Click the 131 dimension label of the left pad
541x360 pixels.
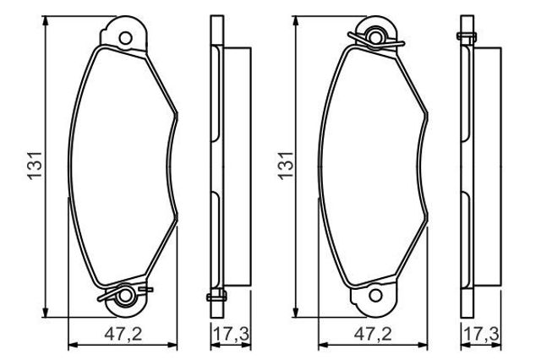click(x=35, y=166)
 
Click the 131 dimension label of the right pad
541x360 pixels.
click(x=286, y=166)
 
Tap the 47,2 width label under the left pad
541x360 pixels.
click(x=123, y=334)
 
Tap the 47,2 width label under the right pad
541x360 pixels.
click(x=373, y=334)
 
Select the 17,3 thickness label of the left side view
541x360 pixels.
click(x=231, y=334)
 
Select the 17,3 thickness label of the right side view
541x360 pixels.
click(x=481, y=334)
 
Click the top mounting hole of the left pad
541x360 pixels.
click(x=125, y=38)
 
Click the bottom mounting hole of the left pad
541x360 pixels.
click(x=125, y=296)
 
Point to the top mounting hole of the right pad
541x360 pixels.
click(x=375, y=36)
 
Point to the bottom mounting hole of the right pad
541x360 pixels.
click(x=375, y=296)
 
